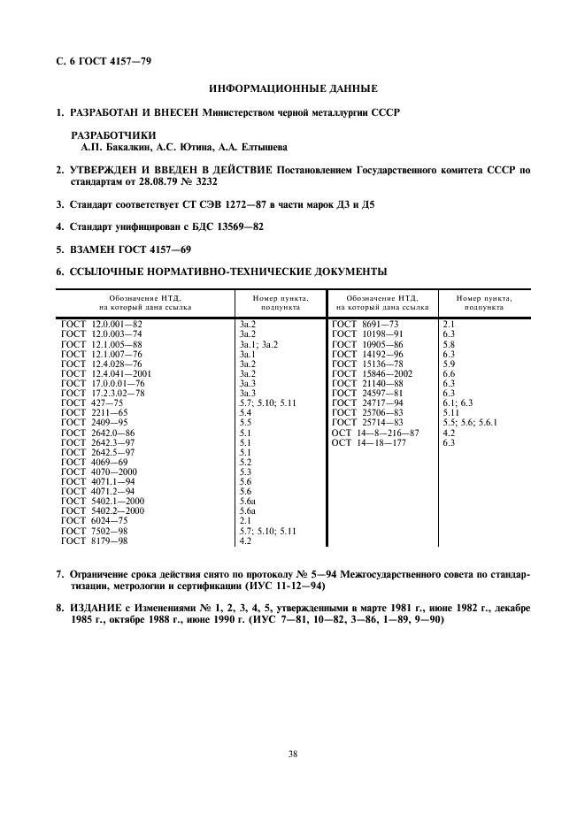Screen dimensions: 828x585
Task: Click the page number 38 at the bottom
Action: tap(291, 755)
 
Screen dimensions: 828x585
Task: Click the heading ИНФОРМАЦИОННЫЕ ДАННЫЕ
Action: tap(292, 88)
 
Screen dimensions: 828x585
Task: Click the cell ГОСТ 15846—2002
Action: tap(370, 373)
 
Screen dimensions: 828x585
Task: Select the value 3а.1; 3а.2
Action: tap(258, 344)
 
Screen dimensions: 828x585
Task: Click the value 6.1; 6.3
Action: tap(457, 403)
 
